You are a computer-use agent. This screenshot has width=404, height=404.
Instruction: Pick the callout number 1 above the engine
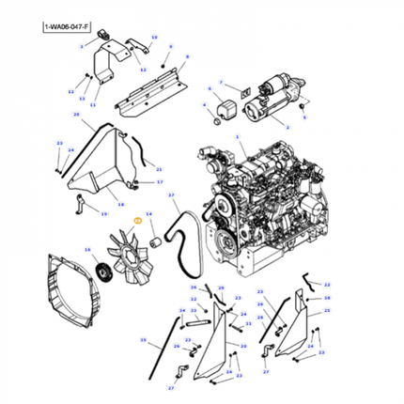[240, 137]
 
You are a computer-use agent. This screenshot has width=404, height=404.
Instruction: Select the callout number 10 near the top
[154, 38]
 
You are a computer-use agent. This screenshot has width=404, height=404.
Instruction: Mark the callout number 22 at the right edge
[327, 284]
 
